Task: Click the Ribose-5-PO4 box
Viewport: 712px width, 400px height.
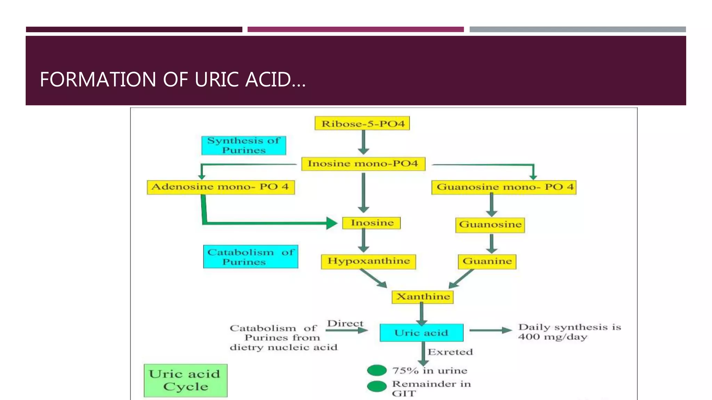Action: coord(362,124)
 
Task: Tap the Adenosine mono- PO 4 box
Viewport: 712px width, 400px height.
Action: coord(221,187)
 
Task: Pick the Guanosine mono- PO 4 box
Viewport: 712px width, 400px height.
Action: coord(504,187)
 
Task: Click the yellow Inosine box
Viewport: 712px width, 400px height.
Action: coord(372,223)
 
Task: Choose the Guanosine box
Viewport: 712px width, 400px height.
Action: coord(490,225)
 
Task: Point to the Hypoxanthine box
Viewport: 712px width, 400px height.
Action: coord(369,261)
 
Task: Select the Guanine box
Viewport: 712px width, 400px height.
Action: coord(487,261)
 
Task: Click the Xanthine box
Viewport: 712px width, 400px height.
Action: coord(423,297)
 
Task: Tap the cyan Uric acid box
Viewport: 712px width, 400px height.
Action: coord(421,333)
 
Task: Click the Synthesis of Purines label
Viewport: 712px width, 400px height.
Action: coord(244,145)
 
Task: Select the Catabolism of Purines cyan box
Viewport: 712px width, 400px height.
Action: coord(251,257)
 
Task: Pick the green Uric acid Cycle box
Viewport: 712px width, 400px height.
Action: coord(186,381)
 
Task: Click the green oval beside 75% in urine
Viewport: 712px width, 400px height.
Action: coord(377,370)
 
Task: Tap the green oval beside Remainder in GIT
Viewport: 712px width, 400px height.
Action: coord(377,386)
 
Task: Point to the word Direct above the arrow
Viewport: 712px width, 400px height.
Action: coord(345,324)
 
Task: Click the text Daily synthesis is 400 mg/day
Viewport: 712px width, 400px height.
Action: coord(569,332)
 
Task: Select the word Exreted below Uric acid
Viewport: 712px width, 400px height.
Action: coord(450,352)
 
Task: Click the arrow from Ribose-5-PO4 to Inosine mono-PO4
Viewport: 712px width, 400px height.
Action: coord(363,143)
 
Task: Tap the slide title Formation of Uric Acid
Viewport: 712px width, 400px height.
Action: coord(173,80)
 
